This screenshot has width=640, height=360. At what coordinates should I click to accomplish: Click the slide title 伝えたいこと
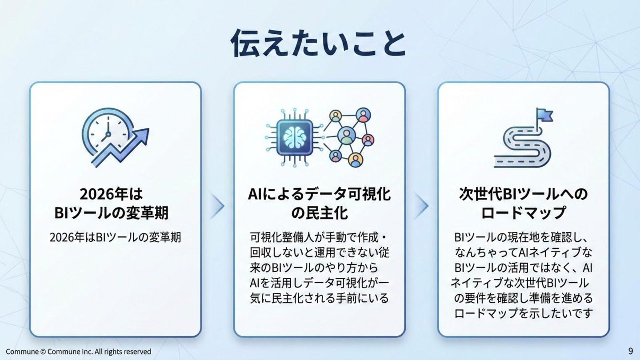[x=318, y=43]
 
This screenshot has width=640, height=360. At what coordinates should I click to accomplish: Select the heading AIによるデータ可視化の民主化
[x=319, y=204]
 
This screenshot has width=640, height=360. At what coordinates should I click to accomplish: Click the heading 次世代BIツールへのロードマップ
[x=523, y=204]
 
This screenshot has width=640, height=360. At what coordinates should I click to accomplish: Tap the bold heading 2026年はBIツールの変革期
[x=112, y=204]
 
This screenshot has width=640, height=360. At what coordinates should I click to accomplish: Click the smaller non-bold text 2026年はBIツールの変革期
[x=115, y=237]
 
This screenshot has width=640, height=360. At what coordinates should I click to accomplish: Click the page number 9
[x=630, y=351]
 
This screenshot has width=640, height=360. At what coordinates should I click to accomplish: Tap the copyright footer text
[x=78, y=352]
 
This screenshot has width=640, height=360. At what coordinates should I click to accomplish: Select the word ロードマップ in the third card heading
[x=523, y=212]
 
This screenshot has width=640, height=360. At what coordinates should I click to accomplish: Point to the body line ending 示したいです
[x=523, y=313]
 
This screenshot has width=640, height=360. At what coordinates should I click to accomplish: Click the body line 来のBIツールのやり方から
[x=314, y=268]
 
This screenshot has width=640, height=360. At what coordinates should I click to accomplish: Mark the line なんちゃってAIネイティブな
[x=523, y=252]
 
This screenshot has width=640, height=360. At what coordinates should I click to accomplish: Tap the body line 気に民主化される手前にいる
[x=319, y=298]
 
